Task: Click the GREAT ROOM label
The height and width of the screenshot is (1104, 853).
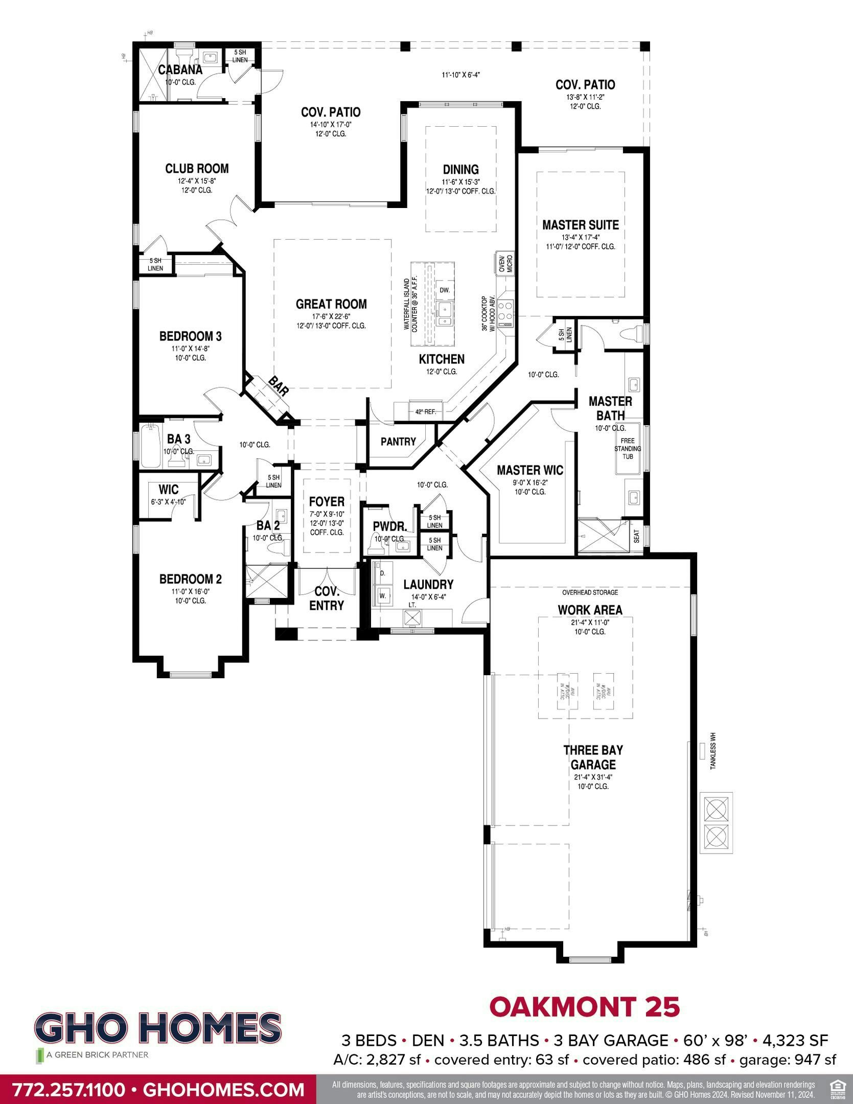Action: click(331, 304)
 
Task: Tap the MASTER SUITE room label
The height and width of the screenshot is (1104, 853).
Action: click(580, 225)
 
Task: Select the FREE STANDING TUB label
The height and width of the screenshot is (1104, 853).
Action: click(627, 448)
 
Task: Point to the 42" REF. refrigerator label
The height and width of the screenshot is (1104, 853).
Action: click(425, 411)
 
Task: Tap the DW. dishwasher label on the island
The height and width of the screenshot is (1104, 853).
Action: click(445, 290)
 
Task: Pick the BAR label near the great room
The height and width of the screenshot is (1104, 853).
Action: click(279, 386)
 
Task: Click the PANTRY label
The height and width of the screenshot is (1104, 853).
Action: click(398, 442)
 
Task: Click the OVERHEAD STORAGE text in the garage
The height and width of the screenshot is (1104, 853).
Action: click(590, 592)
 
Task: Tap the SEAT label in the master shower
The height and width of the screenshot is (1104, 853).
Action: click(636, 536)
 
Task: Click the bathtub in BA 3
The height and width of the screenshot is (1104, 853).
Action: click(150, 446)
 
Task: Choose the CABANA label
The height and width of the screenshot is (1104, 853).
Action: click(180, 70)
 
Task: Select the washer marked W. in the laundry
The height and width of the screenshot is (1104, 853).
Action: click(383, 595)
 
